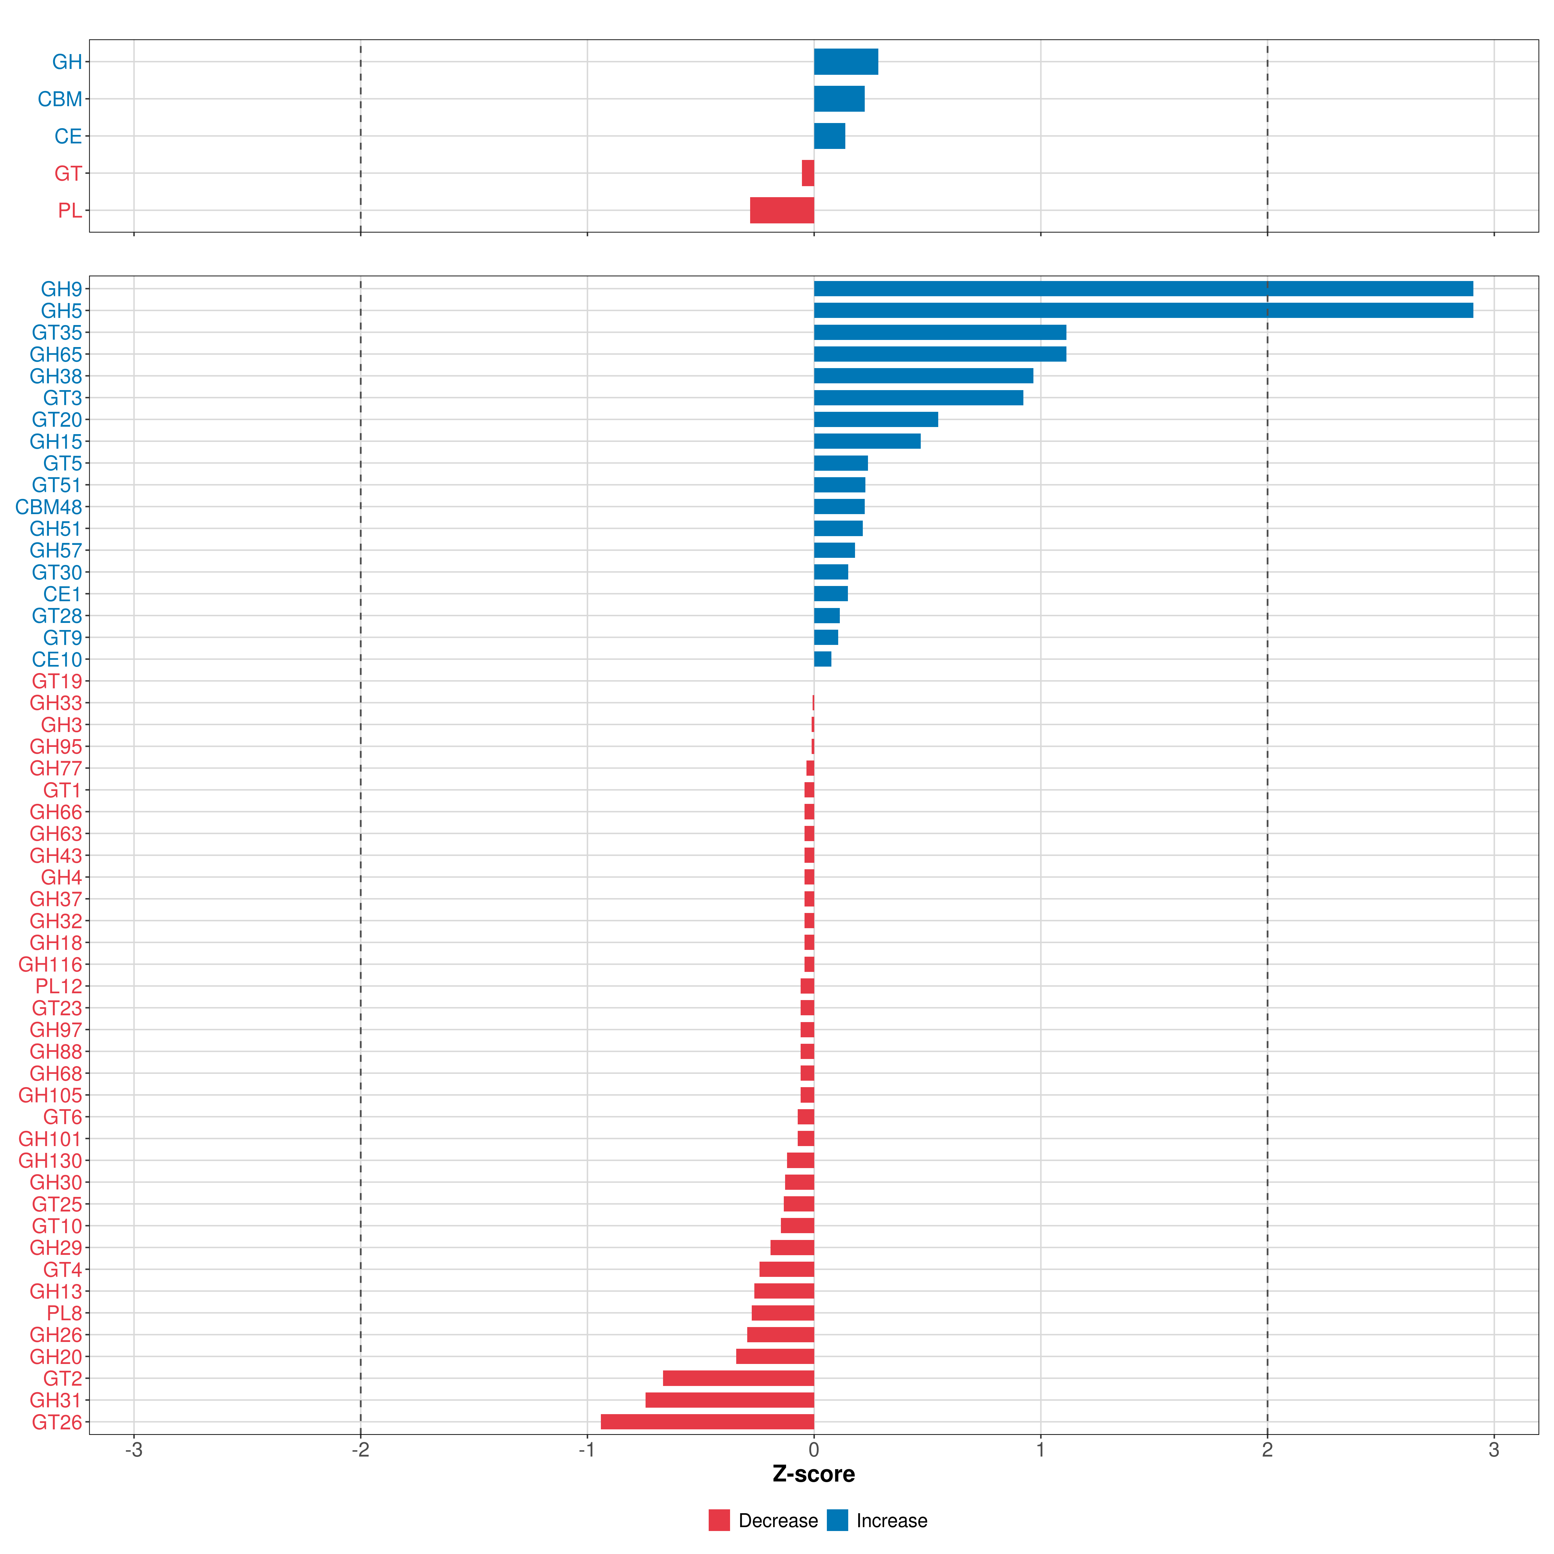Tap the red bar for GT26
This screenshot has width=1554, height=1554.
click(707, 1421)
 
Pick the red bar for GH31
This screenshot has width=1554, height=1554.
click(729, 1400)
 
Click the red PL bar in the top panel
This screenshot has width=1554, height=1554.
click(782, 210)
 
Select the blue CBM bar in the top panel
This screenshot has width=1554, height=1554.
click(839, 99)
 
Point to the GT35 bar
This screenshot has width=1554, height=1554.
click(940, 332)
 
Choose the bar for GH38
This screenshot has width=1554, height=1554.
click(923, 376)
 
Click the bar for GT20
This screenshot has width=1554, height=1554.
click(876, 419)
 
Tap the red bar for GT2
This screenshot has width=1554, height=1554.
click(738, 1378)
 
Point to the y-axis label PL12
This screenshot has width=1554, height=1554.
click(59, 986)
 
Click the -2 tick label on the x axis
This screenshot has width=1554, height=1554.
click(360, 1450)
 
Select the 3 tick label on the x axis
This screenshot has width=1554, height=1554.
click(1494, 1450)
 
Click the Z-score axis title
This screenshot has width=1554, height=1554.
click(813, 1474)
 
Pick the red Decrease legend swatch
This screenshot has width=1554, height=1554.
click(719, 1520)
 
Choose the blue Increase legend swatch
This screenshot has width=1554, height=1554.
click(837, 1520)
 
